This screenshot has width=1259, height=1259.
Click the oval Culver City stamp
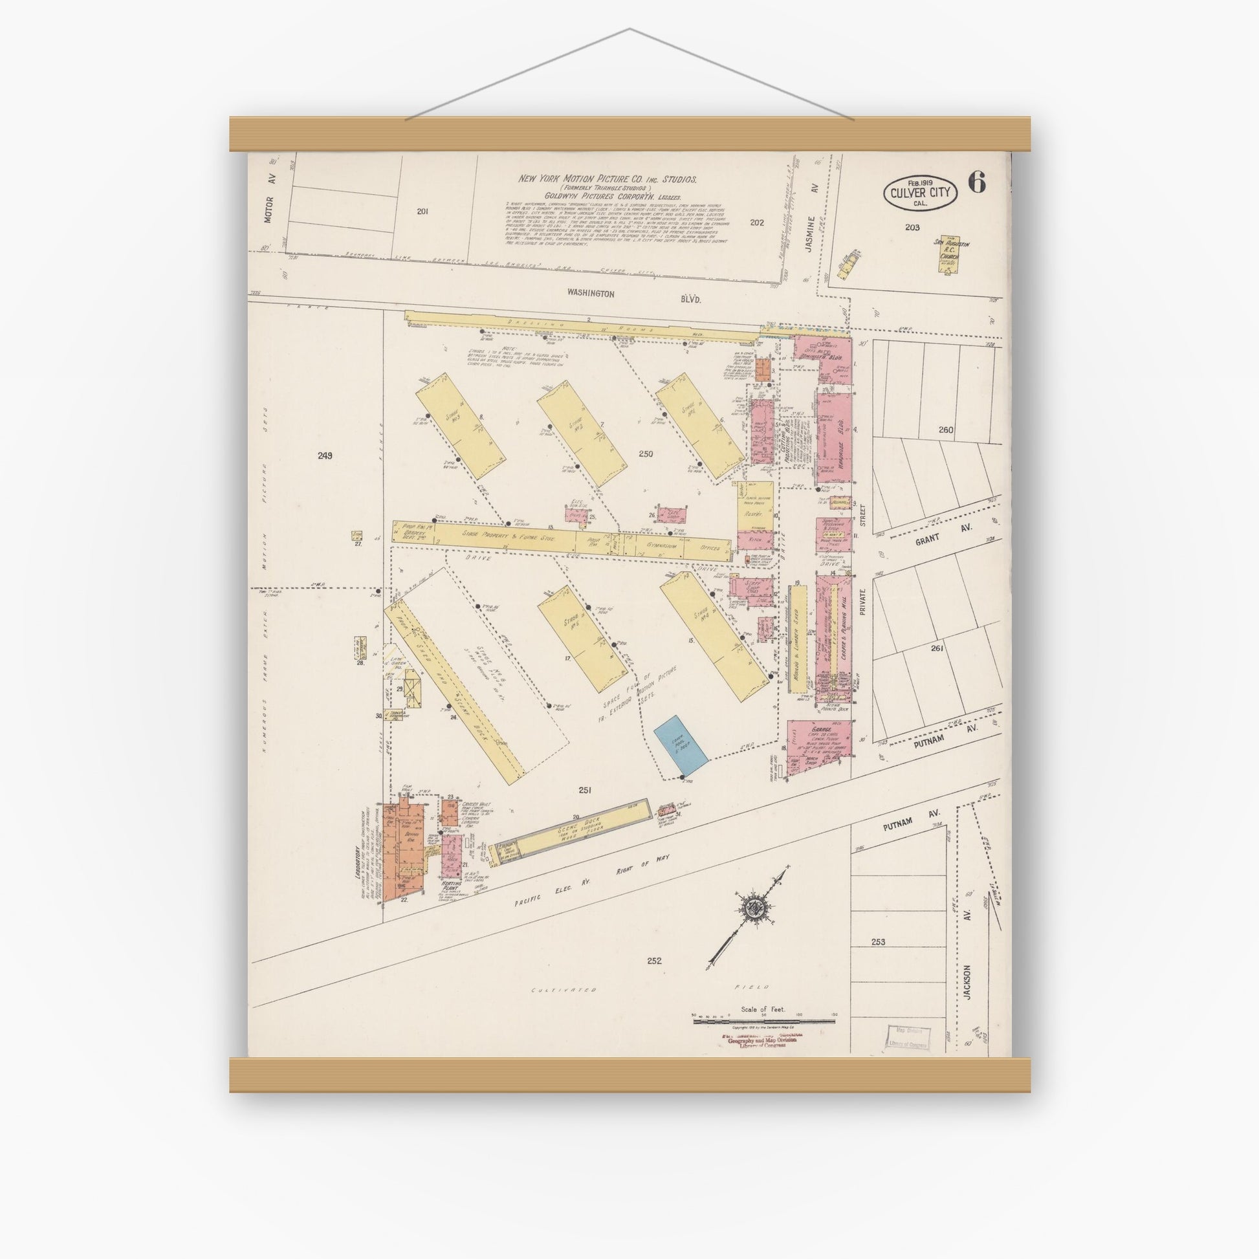920,193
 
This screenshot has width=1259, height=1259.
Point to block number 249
325,455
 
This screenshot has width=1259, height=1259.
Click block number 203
912,228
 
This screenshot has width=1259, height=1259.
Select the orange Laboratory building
402,851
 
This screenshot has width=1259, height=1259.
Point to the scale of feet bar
763,1021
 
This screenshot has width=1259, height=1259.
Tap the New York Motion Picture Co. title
608,179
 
